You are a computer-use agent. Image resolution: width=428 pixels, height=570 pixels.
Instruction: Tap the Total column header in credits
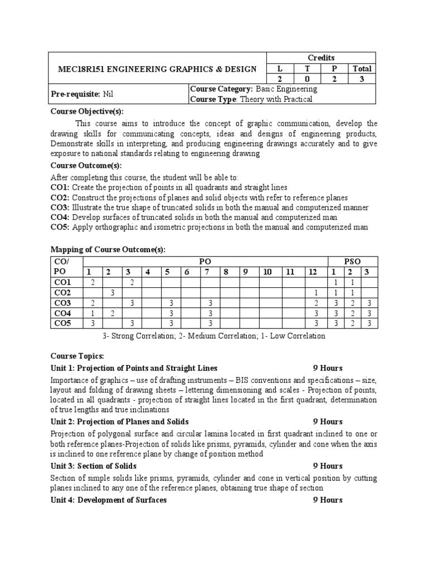tap(362, 68)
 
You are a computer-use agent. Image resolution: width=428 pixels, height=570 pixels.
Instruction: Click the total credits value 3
tap(362, 79)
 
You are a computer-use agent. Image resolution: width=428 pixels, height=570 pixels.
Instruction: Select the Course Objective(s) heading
tap(87, 111)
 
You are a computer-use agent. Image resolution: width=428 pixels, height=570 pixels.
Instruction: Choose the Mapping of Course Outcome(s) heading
tap(108, 249)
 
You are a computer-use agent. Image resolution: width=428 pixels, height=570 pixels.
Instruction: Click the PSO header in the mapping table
tap(352, 261)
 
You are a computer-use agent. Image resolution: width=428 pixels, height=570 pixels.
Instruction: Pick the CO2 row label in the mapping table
tap(62, 293)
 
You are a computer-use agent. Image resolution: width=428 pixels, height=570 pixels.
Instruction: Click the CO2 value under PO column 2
tap(113, 293)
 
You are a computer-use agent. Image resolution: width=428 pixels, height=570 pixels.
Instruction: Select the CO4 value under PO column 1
tap(93, 313)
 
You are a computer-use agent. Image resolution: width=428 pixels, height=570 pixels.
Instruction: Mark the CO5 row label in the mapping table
tap(62, 324)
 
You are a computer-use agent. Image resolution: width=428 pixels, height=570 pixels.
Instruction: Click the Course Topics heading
tap(77, 356)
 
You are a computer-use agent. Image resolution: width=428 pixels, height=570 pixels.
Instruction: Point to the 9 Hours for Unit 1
tap(328, 368)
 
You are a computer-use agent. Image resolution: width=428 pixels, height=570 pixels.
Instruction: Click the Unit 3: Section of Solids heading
tap(93, 466)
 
